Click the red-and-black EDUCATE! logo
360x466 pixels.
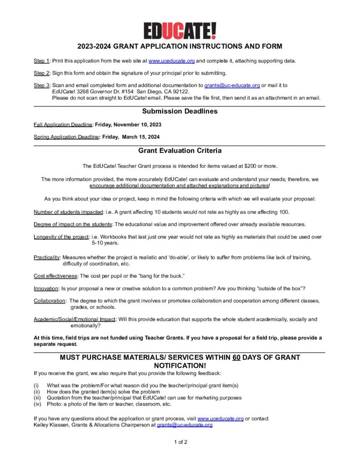pos(180,31)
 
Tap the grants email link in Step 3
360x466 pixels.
pos(232,85)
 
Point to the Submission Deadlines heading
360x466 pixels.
pos(180,111)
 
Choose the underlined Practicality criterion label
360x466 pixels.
pos(47,258)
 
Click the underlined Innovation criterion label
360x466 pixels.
pos(46,289)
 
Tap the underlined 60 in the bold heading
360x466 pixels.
pos(236,357)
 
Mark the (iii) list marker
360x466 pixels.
pos(38,398)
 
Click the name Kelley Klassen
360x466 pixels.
pos(52,425)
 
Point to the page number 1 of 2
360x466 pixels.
pos(180,442)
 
